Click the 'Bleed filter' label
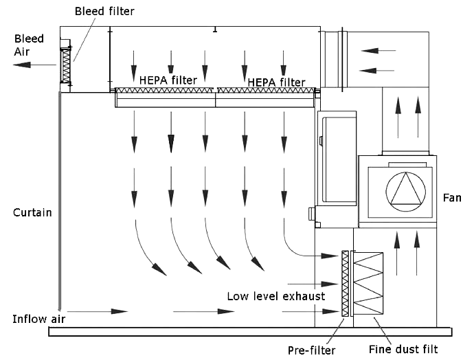pos(104,11)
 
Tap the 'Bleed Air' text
pos(29,45)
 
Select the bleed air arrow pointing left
pos(34,65)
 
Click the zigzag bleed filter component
pos(66,65)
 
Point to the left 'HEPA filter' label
pos(168,80)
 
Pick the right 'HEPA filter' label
pos(276,82)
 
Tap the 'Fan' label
pos(452,198)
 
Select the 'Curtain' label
pos(32,212)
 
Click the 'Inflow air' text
pos(38,319)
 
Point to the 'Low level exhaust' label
pos(276,296)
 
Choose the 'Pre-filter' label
pos(311,350)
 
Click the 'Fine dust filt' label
pos(403,349)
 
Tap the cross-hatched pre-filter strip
pos(345,284)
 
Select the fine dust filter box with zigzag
pos(368,284)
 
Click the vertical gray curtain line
pos(60,199)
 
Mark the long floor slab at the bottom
pos(250,332)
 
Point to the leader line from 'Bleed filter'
pos(84,39)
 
